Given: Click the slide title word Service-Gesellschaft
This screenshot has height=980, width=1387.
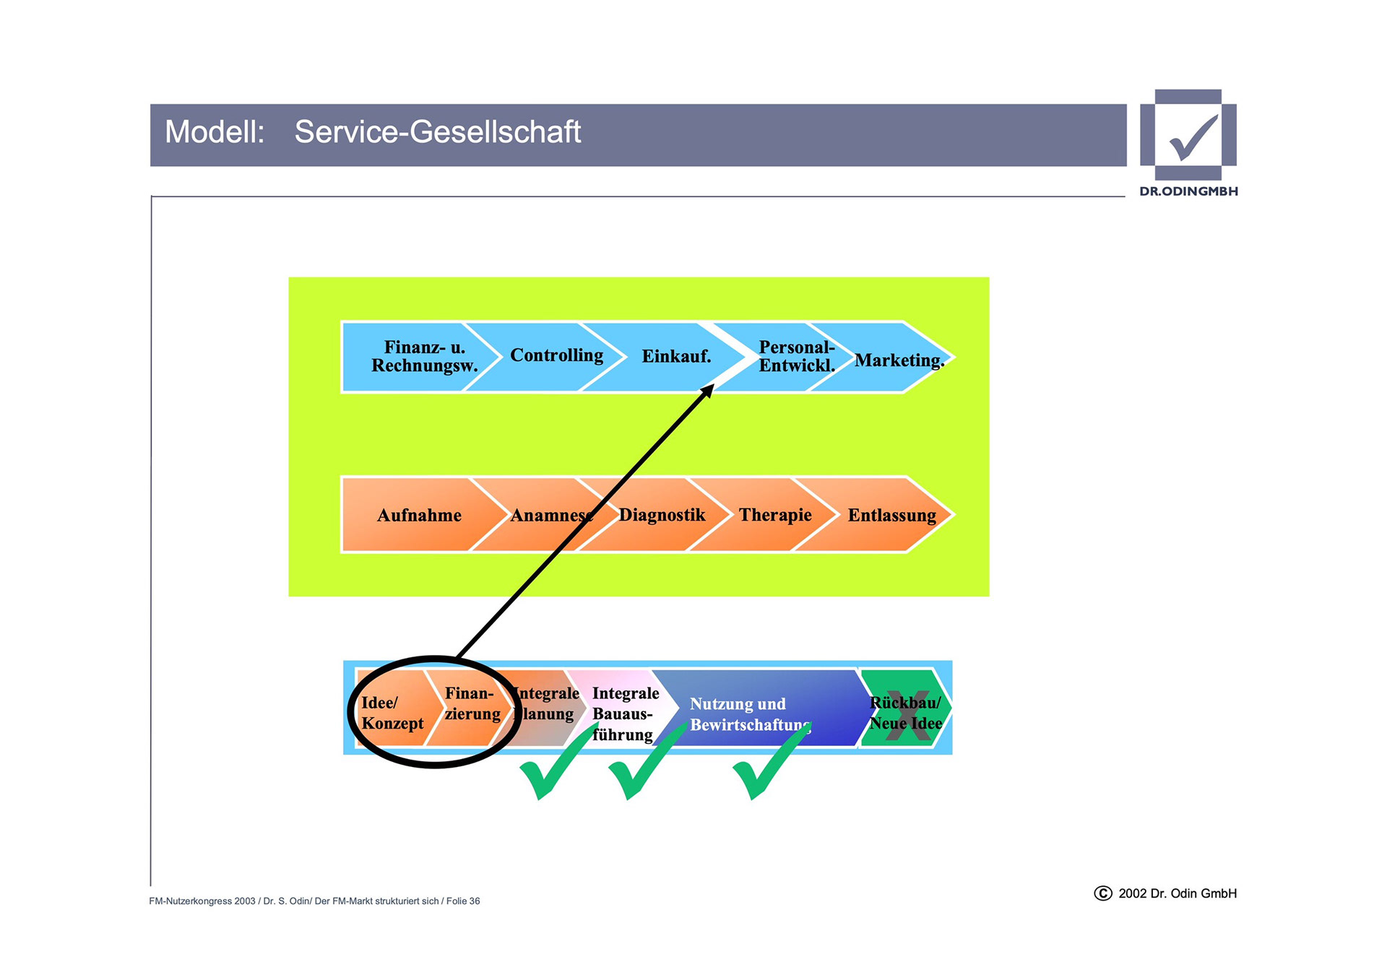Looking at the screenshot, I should [437, 132].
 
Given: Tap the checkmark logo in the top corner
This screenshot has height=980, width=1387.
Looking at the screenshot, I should [1188, 136].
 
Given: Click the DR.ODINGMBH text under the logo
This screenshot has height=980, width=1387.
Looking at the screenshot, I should [1188, 191].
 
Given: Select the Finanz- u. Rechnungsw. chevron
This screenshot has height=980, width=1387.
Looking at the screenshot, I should [424, 357].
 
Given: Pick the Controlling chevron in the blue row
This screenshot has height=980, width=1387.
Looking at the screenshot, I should [556, 356].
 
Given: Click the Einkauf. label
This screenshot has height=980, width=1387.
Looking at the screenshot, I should [676, 357].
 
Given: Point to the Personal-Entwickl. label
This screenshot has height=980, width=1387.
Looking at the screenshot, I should [796, 357].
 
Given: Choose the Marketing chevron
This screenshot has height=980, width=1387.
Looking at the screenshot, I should [899, 360].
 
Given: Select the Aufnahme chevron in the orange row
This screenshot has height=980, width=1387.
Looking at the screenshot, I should [419, 516].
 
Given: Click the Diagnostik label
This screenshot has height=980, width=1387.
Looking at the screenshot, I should [662, 515].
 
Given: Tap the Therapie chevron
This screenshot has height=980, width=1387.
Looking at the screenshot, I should [774, 515].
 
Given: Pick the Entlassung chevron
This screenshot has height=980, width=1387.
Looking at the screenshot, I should [891, 516].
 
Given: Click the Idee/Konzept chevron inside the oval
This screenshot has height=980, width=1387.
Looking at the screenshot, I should [392, 713].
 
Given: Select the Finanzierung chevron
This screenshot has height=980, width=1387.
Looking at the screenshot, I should [472, 704].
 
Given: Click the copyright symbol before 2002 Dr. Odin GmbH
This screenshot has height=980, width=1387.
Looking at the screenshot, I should [1102, 893].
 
